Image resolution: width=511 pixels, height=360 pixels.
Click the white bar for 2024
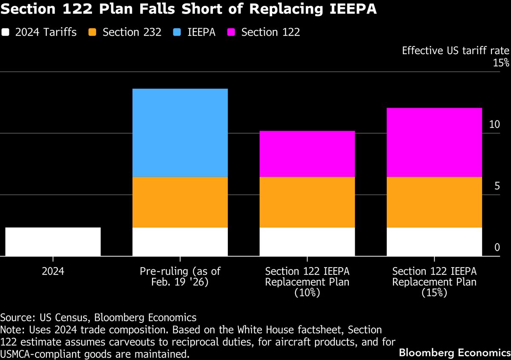coord(53,242)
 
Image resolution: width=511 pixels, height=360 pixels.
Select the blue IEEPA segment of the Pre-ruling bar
coord(180,132)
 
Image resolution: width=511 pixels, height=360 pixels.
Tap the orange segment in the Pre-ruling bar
coord(180,202)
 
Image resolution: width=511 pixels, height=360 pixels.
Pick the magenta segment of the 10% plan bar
coord(307,153)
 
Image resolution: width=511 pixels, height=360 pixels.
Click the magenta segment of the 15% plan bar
coord(434,142)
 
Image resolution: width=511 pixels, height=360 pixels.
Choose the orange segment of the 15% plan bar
coord(434,202)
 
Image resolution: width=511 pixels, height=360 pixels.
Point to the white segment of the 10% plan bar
coord(307,242)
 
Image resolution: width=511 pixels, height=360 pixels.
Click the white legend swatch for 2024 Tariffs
coord(6,32)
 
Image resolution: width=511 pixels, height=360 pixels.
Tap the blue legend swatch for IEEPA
coord(177,32)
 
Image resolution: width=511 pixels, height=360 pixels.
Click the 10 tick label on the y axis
coord(494,124)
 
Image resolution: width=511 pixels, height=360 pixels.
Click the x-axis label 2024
coord(53,271)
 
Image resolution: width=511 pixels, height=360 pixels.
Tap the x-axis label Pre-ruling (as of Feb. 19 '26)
coord(180,276)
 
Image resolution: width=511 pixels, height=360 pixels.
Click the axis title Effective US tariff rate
coord(455,51)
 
